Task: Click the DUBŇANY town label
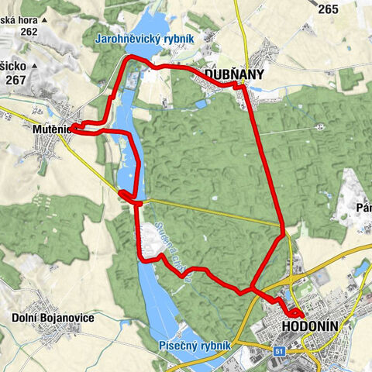coord(234,74)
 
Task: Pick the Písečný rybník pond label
coord(193,344)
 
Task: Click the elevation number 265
coord(328,9)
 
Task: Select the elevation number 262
coord(29,31)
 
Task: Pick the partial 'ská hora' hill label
coord(19,19)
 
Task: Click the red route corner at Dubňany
coord(241,87)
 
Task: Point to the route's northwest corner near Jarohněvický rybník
coord(126,59)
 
